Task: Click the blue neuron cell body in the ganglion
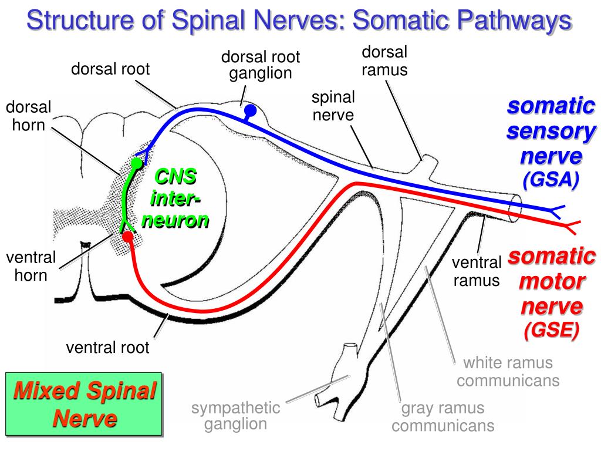pyautogui.click(x=250, y=110)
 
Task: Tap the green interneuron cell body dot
pyautogui.click(x=136, y=163)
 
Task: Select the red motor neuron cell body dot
pyautogui.click(x=127, y=237)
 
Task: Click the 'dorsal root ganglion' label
pyautogui.click(x=261, y=65)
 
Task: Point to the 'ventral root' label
pyautogui.click(x=108, y=348)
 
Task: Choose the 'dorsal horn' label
pyautogui.click(x=28, y=116)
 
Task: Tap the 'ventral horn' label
pyautogui.click(x=31, y=266)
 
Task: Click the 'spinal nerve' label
pyautogui.click(x=333, y=106)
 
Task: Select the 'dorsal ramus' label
pyautogui.click(x=384, y=61)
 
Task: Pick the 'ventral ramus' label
pyautogui.click(x=477, y=271)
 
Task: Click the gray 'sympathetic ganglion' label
pyautogui.click(x=236, y=416)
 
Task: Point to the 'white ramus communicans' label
pyautogui.click(x=508, y=372)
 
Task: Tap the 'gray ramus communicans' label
pyautogui.click(x=443, y=417)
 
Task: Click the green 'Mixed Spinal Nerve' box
pyautogui.click(x=84, y=404)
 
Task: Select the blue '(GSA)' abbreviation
pyautogui.click(x=551, y=179)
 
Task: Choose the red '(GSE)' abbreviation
pyautogui.click(x=551, y=330)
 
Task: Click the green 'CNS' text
pyautogui.click(x=175, y=176)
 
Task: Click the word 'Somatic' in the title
pyautogui.click(x=401, y=20)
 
